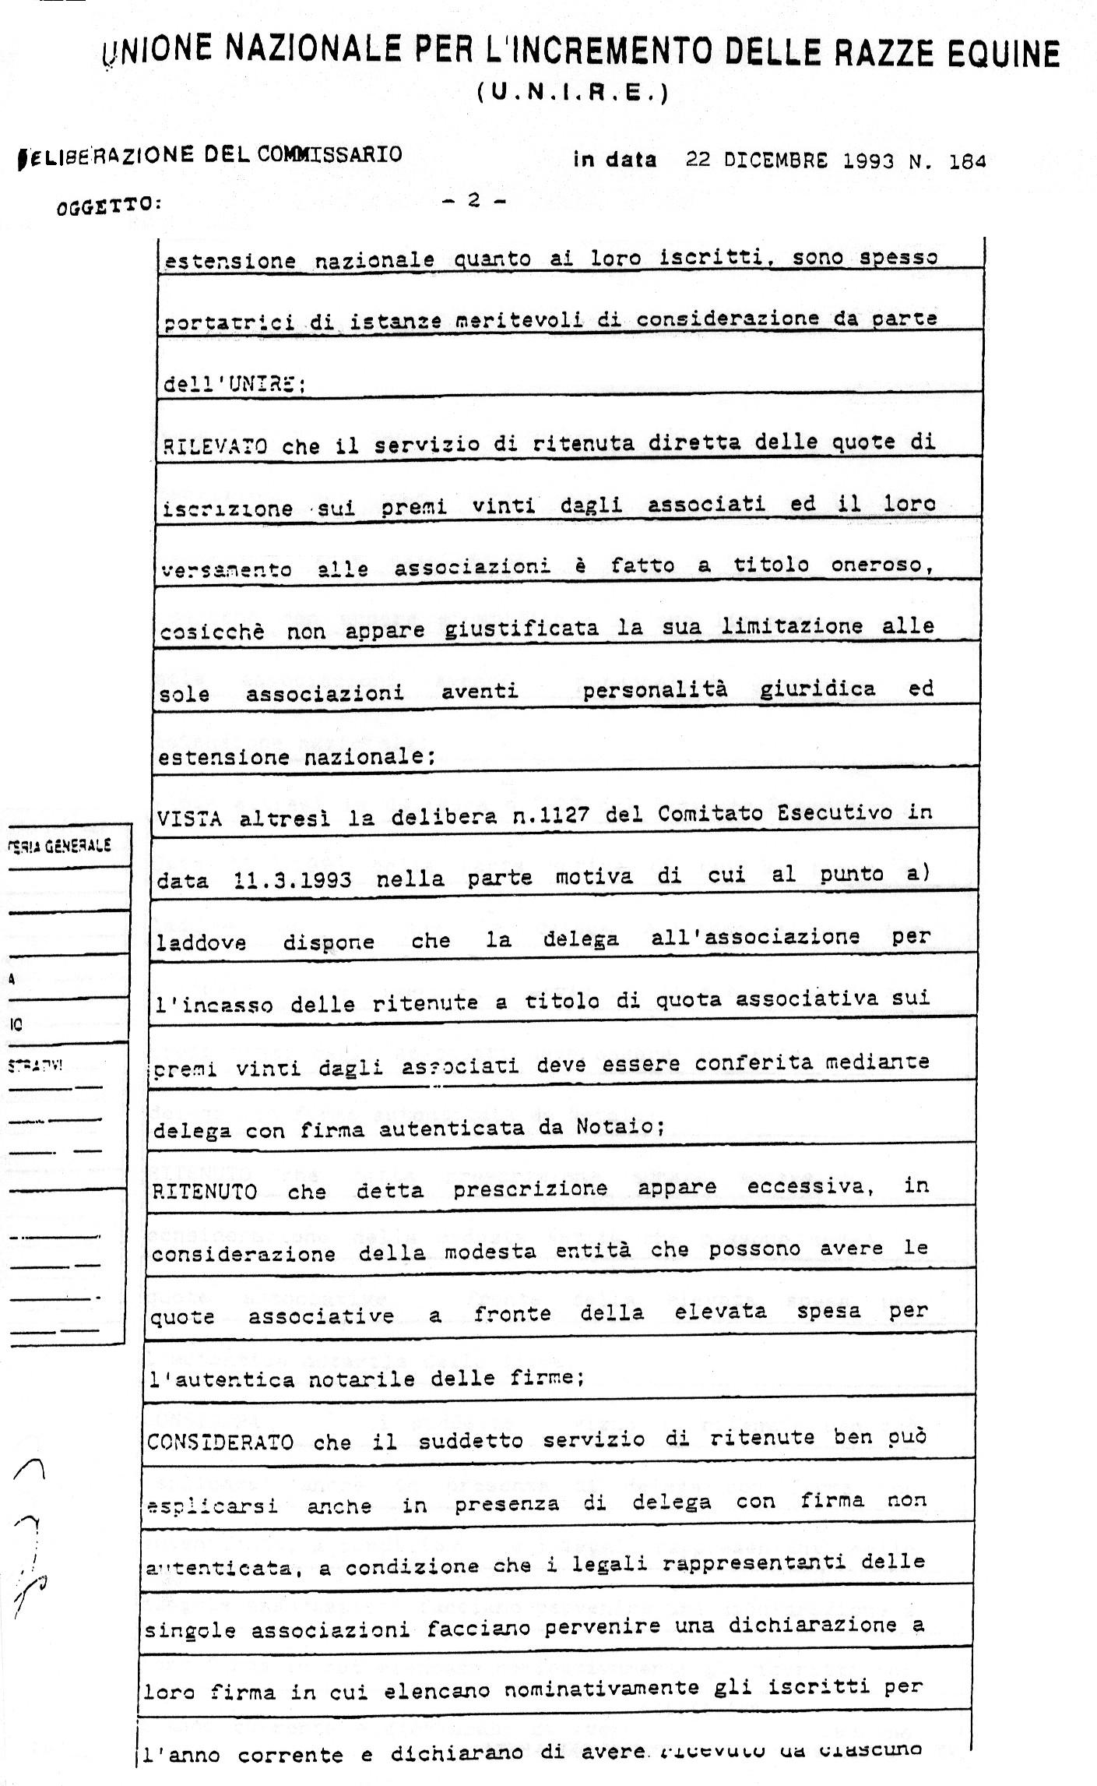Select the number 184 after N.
(968, 161)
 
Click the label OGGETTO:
(109, 206)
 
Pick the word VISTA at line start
(189, 818)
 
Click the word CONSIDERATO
(220, 1442)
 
